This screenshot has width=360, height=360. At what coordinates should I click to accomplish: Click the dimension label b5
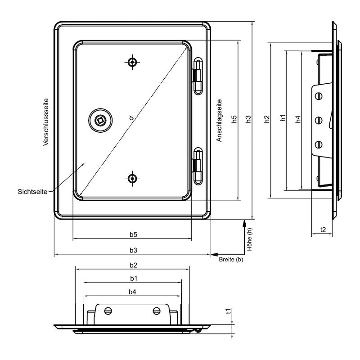[x=133, y=234]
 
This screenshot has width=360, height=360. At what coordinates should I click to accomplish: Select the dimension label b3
[x=133, y=250]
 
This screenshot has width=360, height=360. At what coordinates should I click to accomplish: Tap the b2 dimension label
[x=133, y=265]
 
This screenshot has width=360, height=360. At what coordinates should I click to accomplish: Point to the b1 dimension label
[x=134, y=279]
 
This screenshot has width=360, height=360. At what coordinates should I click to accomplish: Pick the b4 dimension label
[x=132, y=292]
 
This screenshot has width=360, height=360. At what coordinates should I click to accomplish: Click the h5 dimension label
[x=234, y=119]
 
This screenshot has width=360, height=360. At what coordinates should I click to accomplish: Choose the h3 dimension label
[x=248, y=119]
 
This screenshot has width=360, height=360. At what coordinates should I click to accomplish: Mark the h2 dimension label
[x=266, y=119]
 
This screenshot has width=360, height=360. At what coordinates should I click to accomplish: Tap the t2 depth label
[x=323, y=229]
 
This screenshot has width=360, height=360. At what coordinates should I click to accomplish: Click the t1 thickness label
[x=229, y=311]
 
